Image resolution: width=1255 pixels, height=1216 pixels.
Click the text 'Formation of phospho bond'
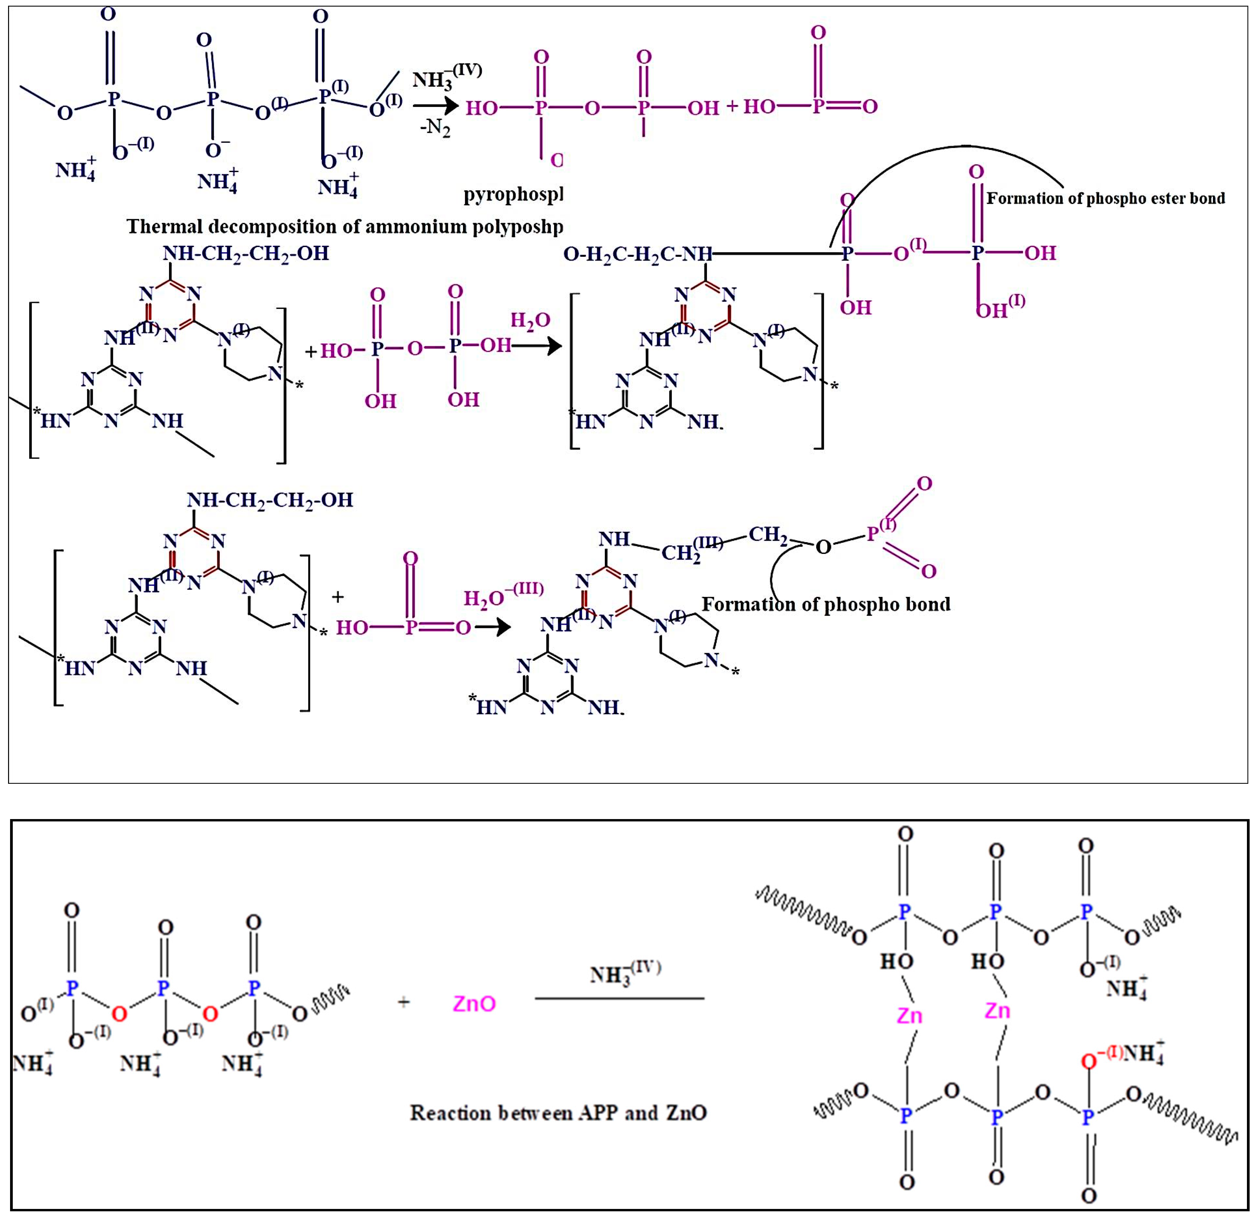click(826, 604)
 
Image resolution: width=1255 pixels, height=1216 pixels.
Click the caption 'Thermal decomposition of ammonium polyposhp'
click(344, 227)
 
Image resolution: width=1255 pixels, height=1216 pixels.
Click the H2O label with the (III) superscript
click(503, 596)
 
